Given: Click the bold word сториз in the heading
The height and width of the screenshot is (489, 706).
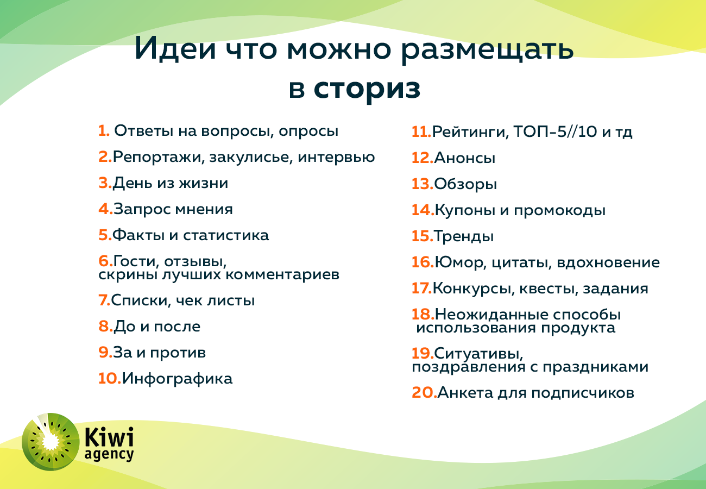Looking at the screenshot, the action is point(367,90).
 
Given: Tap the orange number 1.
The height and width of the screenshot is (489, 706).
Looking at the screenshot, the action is point(104,131).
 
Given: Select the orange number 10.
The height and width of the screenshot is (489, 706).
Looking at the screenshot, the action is point(110,378).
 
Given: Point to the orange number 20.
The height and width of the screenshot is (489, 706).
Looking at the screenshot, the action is point(424,393).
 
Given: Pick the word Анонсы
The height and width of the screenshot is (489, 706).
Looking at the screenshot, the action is point(464,158).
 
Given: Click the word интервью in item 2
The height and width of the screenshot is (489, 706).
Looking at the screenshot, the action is point(336,158).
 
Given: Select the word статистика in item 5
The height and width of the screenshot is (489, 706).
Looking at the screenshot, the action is point(226,236).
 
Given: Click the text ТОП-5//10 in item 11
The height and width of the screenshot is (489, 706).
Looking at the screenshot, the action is point(556,131).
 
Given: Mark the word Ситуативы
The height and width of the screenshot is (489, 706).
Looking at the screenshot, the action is point(478,354).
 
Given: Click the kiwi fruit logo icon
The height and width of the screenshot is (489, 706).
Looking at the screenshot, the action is point(51,441).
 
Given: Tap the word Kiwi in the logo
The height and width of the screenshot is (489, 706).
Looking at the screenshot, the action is point(109,437).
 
